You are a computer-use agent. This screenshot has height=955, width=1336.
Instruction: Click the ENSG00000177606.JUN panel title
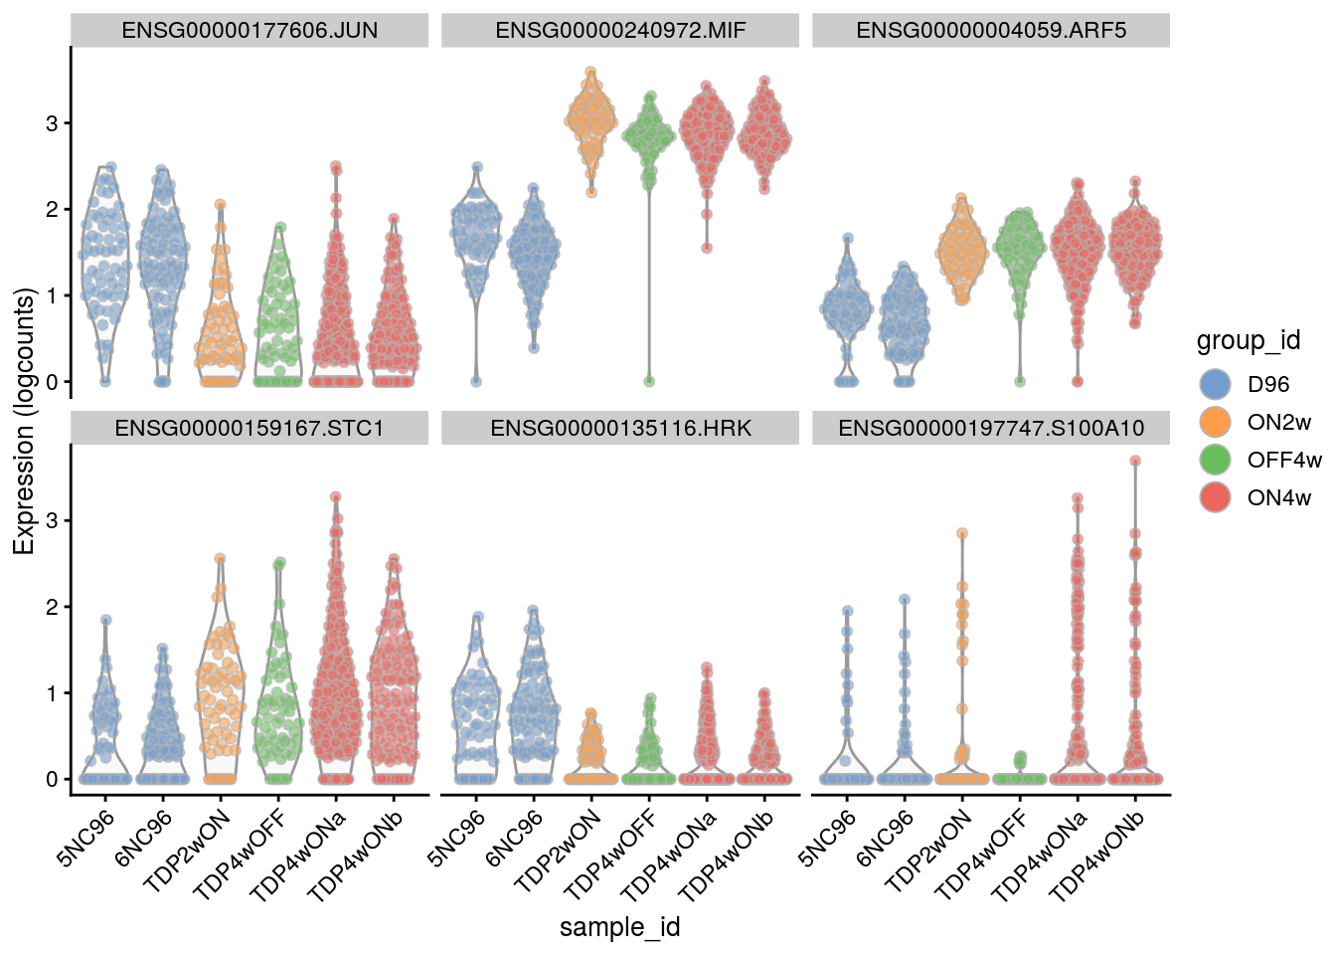pos(250,30)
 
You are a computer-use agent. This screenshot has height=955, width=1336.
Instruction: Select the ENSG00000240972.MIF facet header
pos(620,30)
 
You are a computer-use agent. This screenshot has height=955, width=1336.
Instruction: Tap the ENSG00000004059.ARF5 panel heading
pos(991,30)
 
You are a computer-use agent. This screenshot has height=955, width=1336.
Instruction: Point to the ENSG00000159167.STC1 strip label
pos(250,428)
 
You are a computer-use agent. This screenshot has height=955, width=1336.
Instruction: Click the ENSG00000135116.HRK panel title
pos(620,428)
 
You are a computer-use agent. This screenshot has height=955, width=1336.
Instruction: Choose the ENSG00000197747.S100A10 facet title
pos(991,428)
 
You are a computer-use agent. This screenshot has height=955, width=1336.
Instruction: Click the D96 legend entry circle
pos(1216,384)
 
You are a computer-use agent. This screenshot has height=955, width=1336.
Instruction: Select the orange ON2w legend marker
pos(1216,422)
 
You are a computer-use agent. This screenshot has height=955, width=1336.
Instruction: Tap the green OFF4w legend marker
pos(1216,460)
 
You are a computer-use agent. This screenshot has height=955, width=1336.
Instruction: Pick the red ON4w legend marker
pos(1216,497)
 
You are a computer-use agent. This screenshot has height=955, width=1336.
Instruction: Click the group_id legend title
pos(1249,341)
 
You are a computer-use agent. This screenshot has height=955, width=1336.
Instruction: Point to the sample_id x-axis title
pos(619,927)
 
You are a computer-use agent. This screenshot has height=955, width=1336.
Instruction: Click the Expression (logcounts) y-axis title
pos(24,421)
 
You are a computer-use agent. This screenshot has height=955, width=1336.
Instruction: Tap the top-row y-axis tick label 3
pos(53,123)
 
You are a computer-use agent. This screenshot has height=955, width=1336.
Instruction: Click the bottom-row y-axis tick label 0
pos(53,780)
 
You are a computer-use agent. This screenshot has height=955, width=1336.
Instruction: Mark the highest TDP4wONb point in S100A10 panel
pos(1135,461)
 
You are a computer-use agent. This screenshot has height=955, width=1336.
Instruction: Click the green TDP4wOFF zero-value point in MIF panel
pos(649,381)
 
